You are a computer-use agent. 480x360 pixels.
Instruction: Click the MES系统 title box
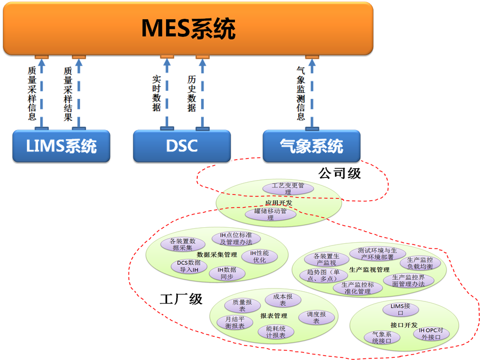[x=188, y=28]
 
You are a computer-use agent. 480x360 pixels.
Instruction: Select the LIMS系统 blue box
[x=61, y=146]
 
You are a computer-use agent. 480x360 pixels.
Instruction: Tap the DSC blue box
[x=181, y=146]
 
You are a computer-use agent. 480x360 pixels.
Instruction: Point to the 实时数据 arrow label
[x=156, y=92]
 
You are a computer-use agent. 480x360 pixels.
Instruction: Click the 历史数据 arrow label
[x=191, y=92]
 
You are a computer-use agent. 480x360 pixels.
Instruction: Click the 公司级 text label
[x=339, y=174]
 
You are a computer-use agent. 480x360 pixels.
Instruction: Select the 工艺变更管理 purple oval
[x=288, y=189]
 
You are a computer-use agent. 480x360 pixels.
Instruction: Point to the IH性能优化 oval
[x=260, y=256]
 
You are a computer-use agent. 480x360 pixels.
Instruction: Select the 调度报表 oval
[x=316, y=317]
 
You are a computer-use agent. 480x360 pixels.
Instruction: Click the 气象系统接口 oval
[x=382, y=337]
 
